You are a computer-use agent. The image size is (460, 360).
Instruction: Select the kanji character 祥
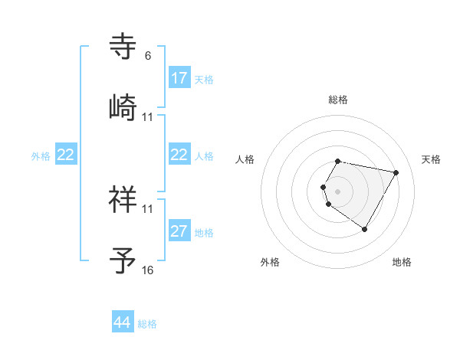pyautogui.click(x=124, y=200)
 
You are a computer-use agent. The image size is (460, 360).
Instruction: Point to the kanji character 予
pyautogui.click(x=124, y=260)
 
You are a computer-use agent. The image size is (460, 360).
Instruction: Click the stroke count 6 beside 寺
pyautogui.click(x=148, y=56)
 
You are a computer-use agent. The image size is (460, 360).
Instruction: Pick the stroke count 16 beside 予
pyautogui.click(x=147, y=270)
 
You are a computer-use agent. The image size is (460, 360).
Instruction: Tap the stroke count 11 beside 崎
pyautogui.click(x=147, y=116)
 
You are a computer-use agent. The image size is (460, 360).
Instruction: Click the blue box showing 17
pyautogui.click(x=179, y=78)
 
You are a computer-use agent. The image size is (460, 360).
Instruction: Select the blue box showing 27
pyautogui.click(x=179, y=231)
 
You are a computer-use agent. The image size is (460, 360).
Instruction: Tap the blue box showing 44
pyautogui.click(x=123, y=322)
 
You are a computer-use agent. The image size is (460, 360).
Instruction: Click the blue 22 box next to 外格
pyautogui.click(x=65, y=155)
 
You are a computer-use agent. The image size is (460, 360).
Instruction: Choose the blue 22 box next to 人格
pyautogui.click(x=179, y=155)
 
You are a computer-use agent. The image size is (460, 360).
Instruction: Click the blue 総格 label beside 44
pyautogui.click(x=147, y=324)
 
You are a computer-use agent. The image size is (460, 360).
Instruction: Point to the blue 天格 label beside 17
pyautogui.click(x=204, y=79)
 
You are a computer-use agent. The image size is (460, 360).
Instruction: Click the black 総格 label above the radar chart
pyautogui.click(x=338, y=100)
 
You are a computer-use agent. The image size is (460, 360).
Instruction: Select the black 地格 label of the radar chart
pyautogui.click(x=402, y=262)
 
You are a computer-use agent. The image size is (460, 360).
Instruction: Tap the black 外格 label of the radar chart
pyautogui.click(x=270, y=262)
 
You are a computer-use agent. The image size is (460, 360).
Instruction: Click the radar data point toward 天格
pyautogui.click(x=396, y=172)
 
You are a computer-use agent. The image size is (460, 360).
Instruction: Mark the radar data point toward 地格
pyautogui.click(x=364, y=229)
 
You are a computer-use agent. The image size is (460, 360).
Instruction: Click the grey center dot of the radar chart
pyautogui.click(x=338, y=191)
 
